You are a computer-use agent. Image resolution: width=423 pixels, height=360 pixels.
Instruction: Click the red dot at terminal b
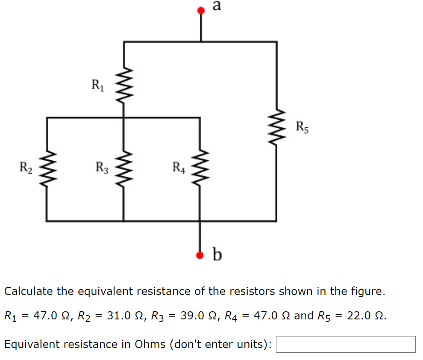(200, 256)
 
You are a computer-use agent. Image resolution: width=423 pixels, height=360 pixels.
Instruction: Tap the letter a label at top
(217, 6)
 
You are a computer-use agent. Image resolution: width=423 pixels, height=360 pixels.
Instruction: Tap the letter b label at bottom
(217, 255)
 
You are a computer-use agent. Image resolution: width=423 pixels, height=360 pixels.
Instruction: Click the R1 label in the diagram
(98, 84)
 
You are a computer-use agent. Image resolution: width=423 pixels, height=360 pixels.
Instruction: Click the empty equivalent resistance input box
(345, 344)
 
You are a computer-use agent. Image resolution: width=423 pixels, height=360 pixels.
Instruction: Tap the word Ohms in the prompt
(150, 344)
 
